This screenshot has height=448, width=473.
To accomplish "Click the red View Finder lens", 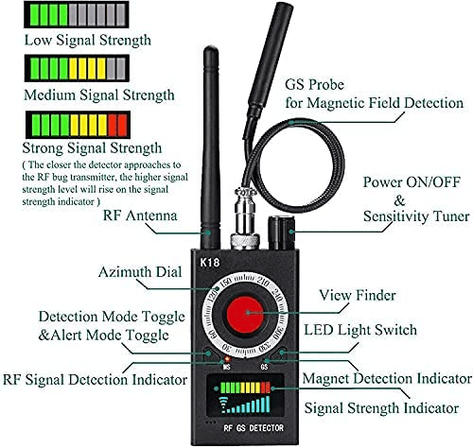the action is (x=245, y=314).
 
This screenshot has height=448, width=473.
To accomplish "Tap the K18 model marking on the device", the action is (x=210, y=263).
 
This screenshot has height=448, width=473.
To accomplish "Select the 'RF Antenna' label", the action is (x=140, y=215).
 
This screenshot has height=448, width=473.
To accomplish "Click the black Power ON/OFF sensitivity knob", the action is (x=281, y=233).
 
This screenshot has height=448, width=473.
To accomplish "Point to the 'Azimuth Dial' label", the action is (x=140, y=272).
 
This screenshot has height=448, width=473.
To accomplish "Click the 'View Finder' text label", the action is (x=358, y=295).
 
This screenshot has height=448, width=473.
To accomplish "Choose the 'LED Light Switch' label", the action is (x=360, y=330).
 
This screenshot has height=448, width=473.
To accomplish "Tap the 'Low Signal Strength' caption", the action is (x=88, y=41).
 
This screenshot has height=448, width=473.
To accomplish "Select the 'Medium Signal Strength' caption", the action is (x=99, y=95).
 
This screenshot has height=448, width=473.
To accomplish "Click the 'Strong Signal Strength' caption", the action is (x=92, y=148).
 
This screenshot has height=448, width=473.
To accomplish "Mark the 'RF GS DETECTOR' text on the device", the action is (x=254, y=428).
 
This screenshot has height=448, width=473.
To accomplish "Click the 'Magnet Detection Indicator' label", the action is (x=387, y=378).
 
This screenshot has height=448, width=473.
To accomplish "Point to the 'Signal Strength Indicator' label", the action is (x=381, y=408).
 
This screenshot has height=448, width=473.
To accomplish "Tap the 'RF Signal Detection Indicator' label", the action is (x=95, y=379).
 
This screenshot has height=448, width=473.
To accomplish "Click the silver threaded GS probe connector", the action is (x=245, y=218).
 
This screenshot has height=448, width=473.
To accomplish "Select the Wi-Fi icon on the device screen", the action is (x=224, y=405).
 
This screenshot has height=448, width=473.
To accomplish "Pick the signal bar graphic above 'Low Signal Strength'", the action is (x=77, y=14).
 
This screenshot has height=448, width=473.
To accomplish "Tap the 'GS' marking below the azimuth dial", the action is (x=264, y=367).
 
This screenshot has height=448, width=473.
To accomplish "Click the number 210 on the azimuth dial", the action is (x=263, y=282).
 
